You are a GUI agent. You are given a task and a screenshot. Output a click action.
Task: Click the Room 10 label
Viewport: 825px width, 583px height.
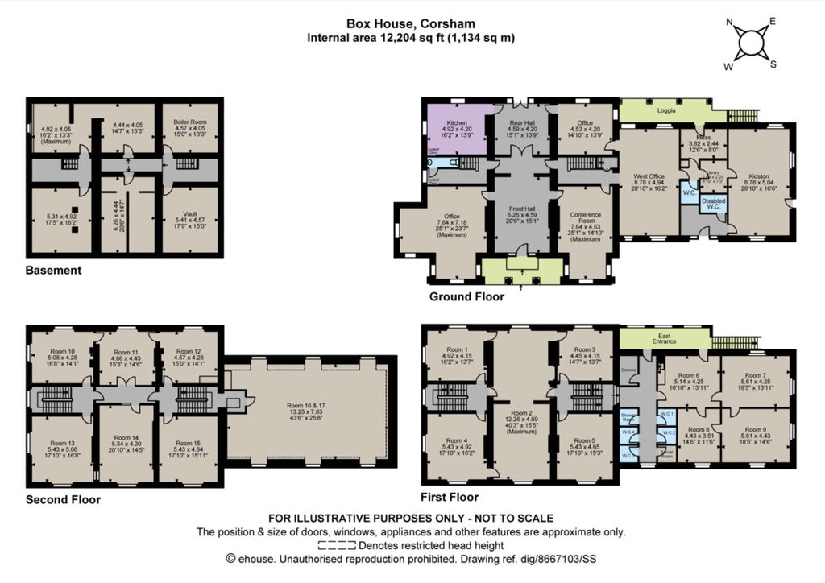60,351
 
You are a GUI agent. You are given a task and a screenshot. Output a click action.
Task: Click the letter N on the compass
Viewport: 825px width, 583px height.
730,23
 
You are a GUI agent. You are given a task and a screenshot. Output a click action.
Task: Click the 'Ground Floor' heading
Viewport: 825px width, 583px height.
465,296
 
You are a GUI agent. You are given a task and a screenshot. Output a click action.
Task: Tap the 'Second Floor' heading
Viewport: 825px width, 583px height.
63,499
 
